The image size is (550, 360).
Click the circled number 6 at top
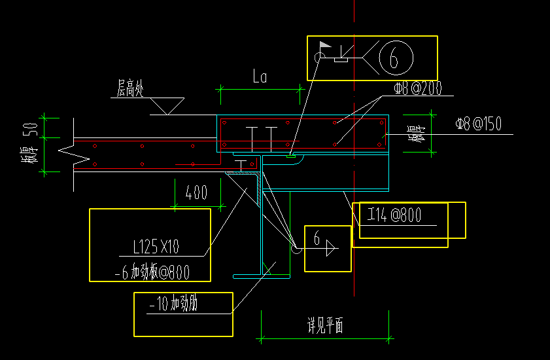coord(394,60)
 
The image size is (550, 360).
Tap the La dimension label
coord(260,77)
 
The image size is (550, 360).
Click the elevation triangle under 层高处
coord(167,105)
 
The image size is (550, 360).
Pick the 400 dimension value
coord(196,192)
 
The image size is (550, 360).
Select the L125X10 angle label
coord(156,247)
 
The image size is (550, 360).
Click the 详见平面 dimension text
coord(325,325)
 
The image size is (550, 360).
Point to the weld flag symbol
coord(324,46)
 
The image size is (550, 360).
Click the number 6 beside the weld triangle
coord(317,240)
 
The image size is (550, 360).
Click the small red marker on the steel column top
coord(257,161)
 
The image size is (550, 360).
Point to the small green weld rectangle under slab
coord(289,155)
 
